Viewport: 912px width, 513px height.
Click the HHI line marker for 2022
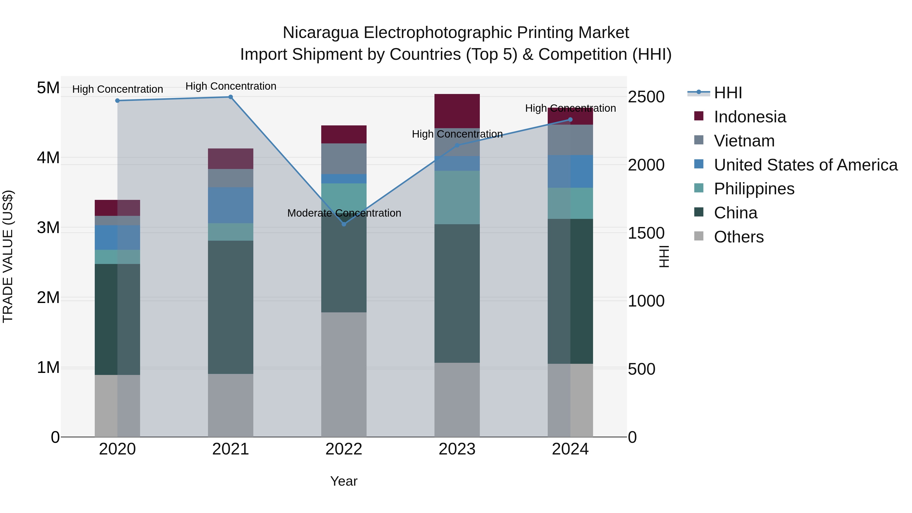pyautogui.click(x=344, y=224)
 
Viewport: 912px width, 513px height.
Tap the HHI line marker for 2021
pyautogui.click(x=231, y=97)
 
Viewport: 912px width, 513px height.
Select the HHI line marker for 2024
pyautogui.click(x=570, y=120)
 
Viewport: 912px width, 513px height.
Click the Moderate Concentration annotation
pyautogui.click(x=344, y=213)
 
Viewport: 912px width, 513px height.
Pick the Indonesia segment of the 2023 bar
pyautogui.click(x=457, y=111)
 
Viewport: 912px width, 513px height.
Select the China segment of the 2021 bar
pyautogui.click(x=231, y=307)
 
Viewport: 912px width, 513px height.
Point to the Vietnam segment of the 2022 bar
pyautogui.click(x=344, y=159)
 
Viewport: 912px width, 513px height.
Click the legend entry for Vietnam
pyautogui.click(x=744, y=141)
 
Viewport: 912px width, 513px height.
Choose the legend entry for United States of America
pyautogui.click(x=805, y=165)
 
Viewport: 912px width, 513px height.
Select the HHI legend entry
pyautogui.click(x=728, y=93)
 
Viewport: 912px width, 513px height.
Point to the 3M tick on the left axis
pyautogui.click(x=48, y=228)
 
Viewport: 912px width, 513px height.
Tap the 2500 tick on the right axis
pyautogui.click(x=646, y=97)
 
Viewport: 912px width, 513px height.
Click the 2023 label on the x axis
pyautogui.click(x=457, y=449)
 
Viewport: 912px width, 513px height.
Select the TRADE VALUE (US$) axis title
pyautogui.click(x=8, y=256)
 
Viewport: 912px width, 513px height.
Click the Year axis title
pyautogui.click(x=344, y=481)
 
